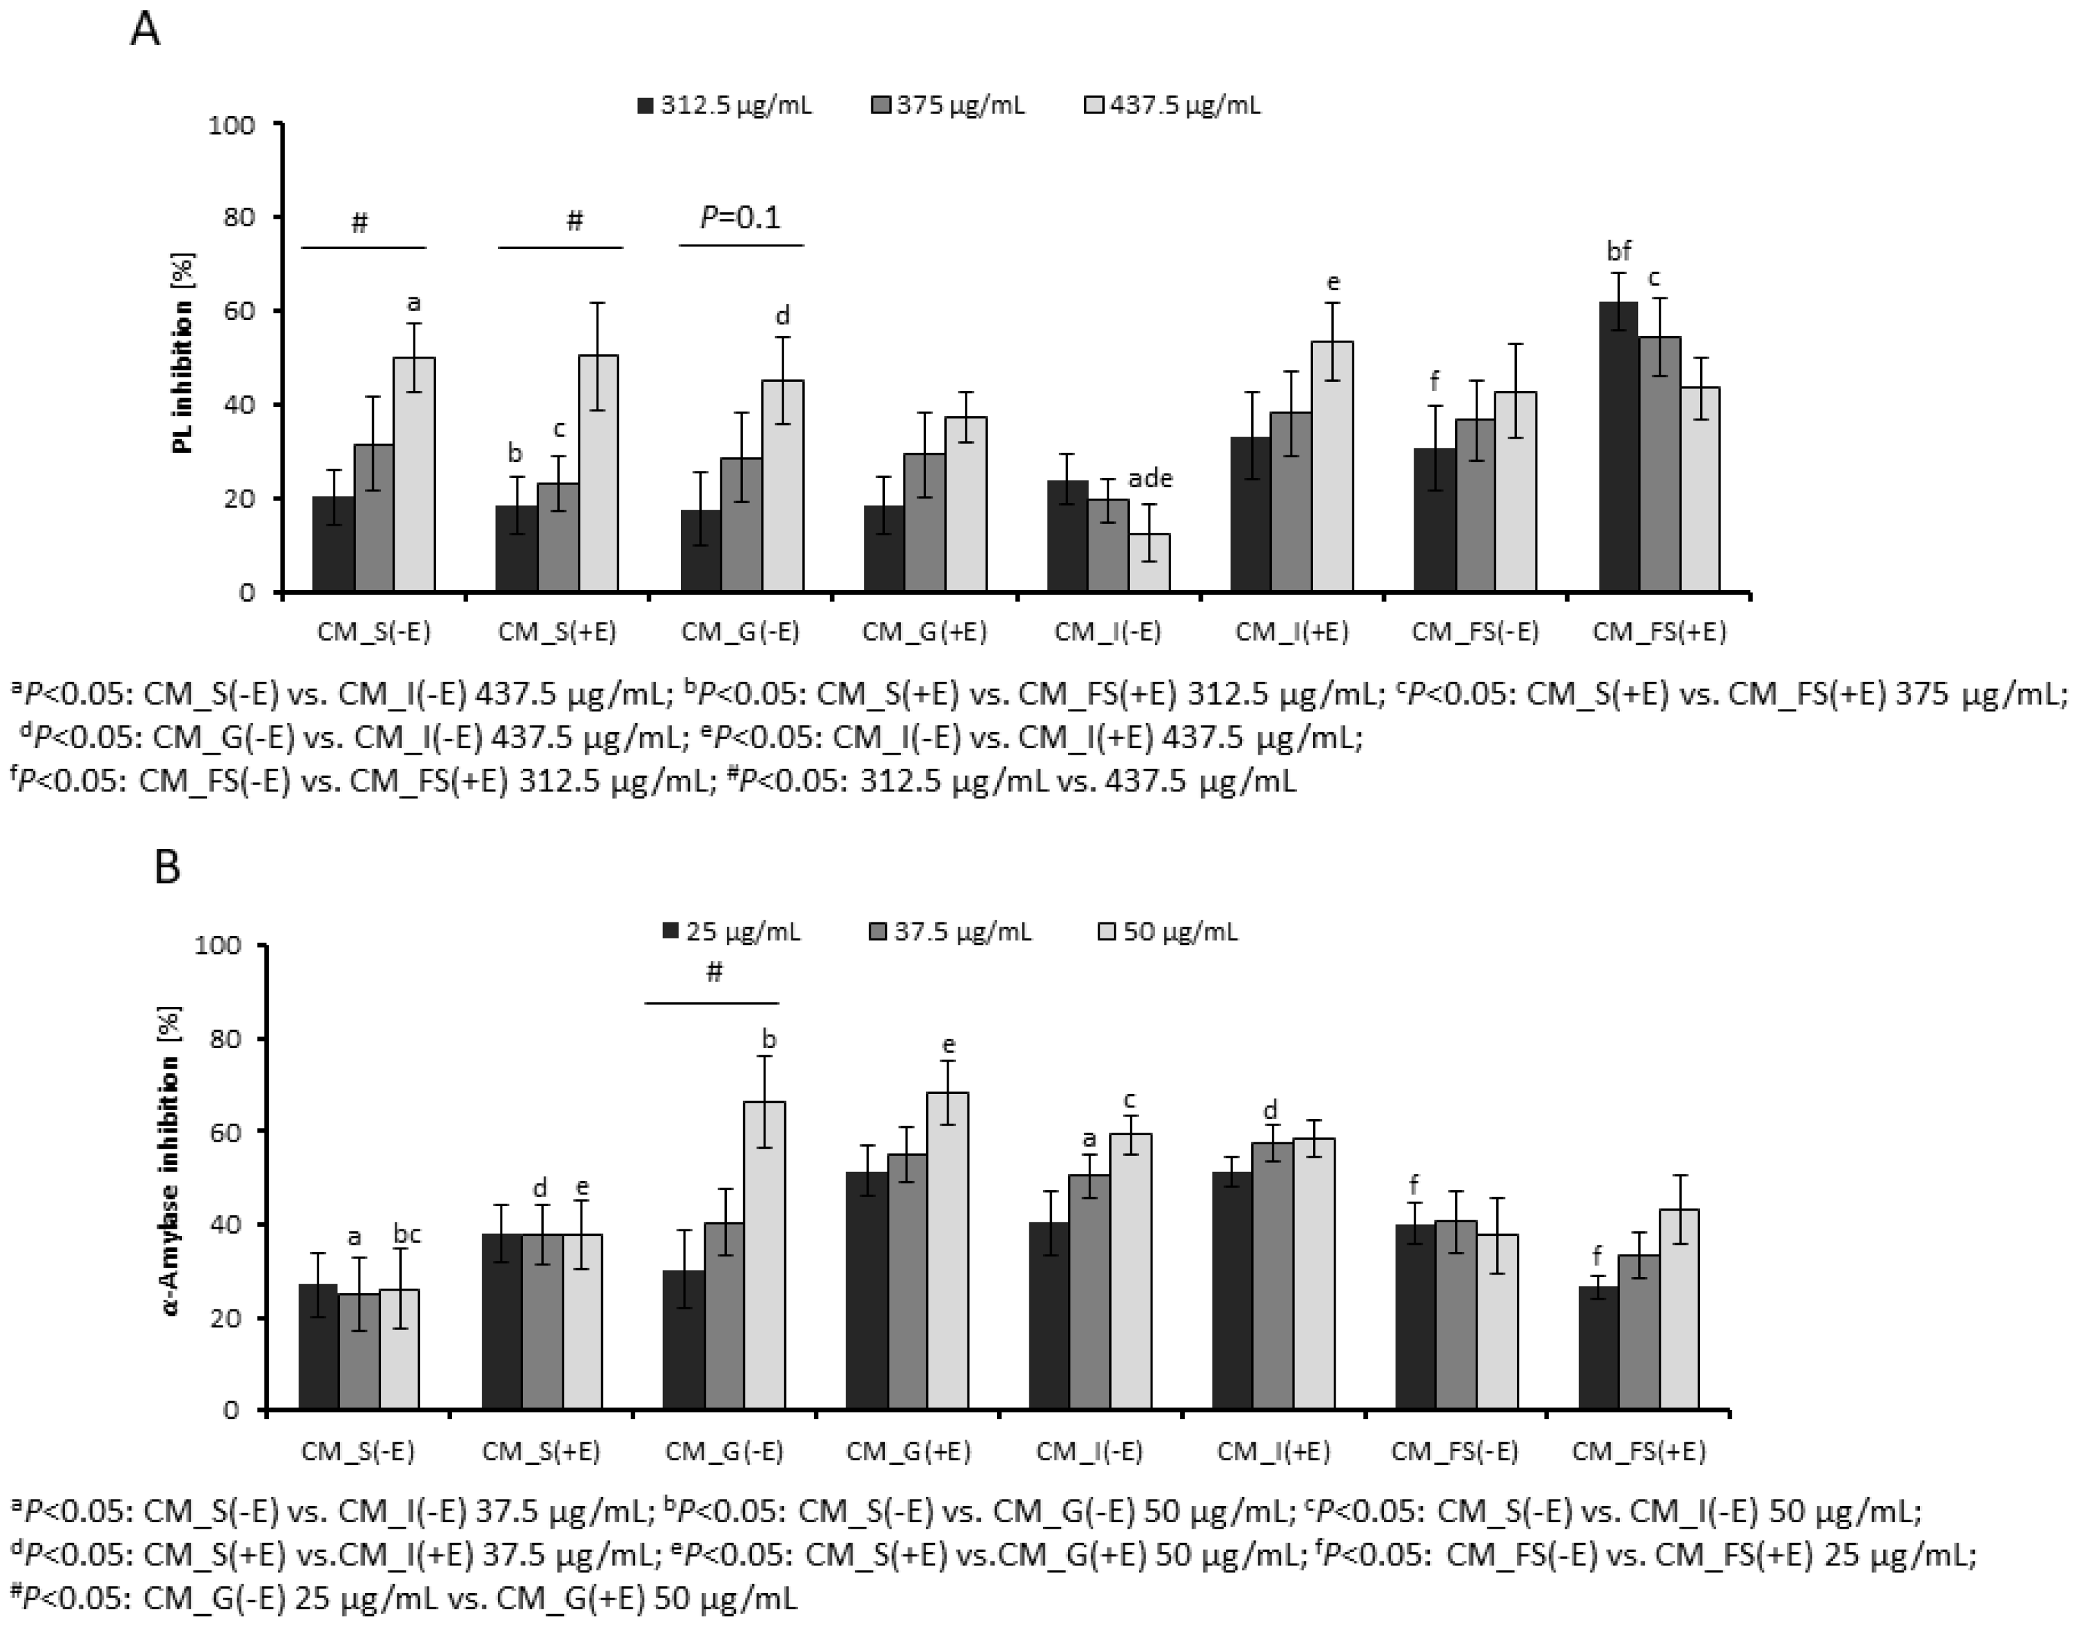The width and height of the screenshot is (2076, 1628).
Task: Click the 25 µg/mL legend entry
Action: click(732, 931)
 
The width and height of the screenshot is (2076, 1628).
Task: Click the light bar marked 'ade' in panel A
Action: click(1149, 562)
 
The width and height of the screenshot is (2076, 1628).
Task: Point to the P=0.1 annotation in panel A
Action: click(740, 217)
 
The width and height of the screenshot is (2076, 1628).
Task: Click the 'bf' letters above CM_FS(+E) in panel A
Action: click(1619, 252)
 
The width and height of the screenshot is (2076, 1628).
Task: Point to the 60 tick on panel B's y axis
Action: click(230, 1131)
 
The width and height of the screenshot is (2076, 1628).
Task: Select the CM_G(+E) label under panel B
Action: click(907, 1452)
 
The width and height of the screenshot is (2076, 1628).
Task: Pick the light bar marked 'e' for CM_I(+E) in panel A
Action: click(1332, 467)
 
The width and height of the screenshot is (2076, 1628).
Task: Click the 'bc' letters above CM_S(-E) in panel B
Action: click(406, 1235)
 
